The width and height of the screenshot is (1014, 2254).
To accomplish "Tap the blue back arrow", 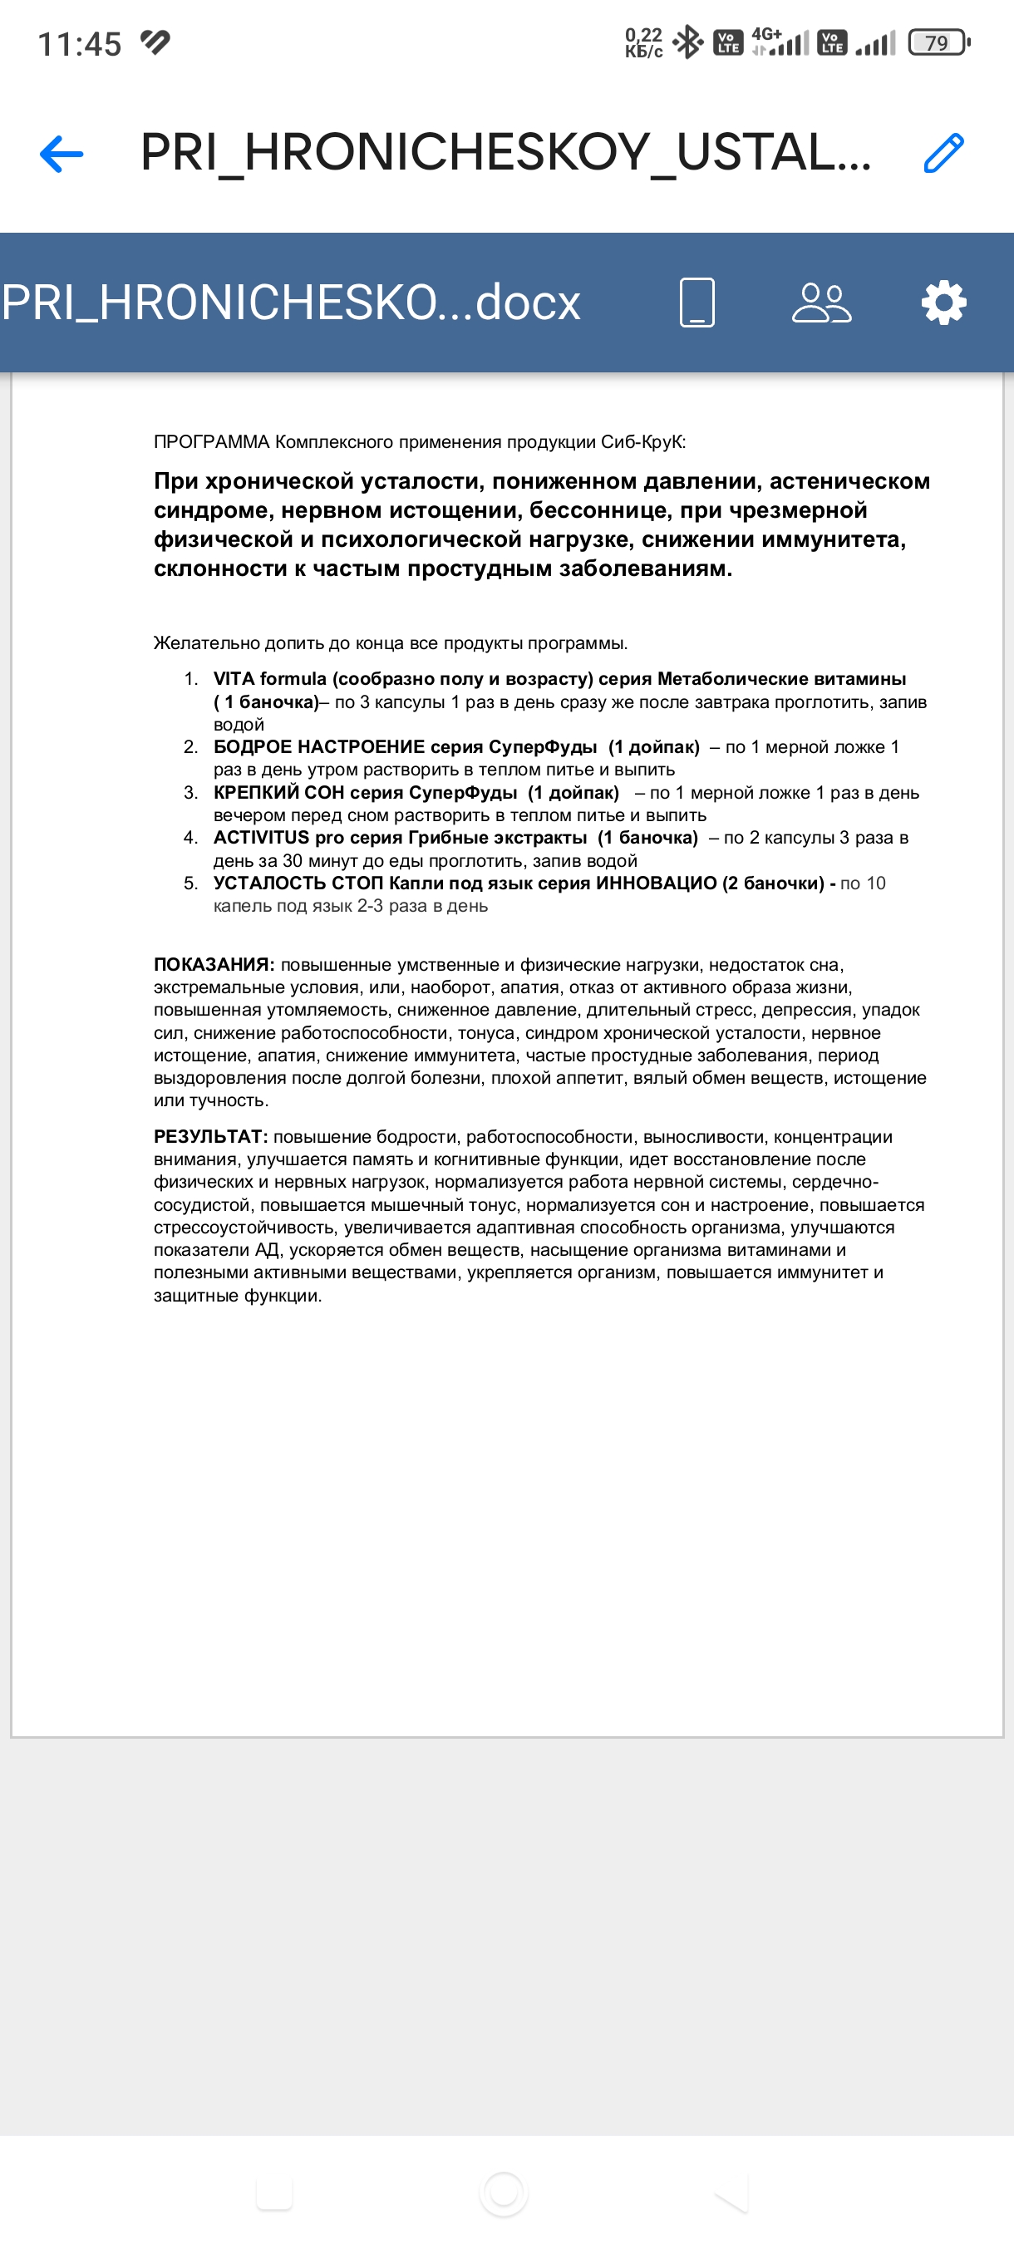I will click(x=62, y=154).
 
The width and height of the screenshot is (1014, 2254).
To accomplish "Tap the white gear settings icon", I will click(x=943, y=303).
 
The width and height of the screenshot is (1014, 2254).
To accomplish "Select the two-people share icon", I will click(x=820, y=303).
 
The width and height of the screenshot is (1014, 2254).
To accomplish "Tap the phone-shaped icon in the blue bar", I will click(x=697, y=303).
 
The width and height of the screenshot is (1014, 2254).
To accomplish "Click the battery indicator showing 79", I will click(x=938, y=42).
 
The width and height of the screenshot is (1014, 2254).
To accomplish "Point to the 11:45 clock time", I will click(x=80, y=44).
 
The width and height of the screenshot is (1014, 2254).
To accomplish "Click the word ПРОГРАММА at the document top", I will click(x=212, y=442).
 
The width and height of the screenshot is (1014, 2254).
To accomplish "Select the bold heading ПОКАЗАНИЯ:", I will click(x=214, y=964).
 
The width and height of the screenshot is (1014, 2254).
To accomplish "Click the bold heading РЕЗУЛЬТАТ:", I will click(x=210, y=1137).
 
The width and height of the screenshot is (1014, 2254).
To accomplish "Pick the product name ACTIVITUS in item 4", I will click(x=261, y=838).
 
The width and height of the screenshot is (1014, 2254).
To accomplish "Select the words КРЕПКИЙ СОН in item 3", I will click(x=278, y=793).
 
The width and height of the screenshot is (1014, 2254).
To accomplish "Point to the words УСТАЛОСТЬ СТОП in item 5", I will click(x=298, y=883).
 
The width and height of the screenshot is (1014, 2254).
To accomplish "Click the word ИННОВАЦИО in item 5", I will click(x=655, y=883).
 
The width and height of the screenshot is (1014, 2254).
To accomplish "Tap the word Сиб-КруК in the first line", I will click(x=643, y=442).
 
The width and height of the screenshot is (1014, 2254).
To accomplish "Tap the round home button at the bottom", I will click(x=504, y=2193).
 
